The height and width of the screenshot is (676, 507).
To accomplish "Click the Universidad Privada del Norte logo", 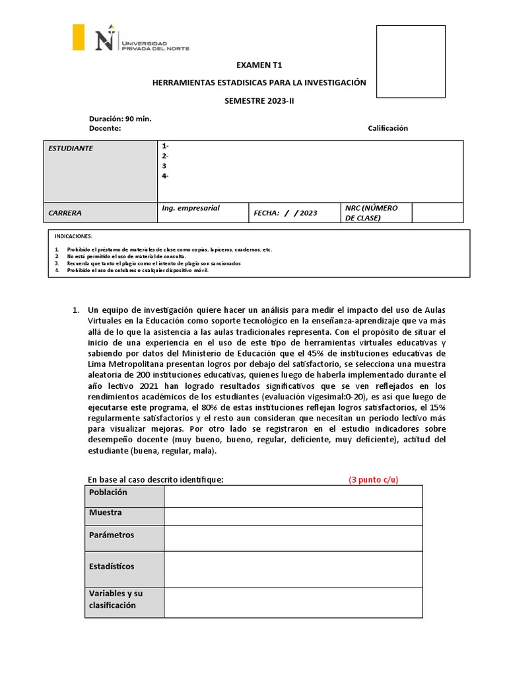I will (131, 38).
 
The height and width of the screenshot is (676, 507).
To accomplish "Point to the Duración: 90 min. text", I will (120, 119).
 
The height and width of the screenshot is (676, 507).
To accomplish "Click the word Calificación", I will (388, 128).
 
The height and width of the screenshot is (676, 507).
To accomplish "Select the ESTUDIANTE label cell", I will (100, 171).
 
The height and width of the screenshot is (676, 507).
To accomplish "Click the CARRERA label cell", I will (100, 213).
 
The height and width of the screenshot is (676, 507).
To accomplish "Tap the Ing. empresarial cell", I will (202, 212).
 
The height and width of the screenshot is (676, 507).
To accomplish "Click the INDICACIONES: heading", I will (73, 236).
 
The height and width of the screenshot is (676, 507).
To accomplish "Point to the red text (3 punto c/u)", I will (374, 479).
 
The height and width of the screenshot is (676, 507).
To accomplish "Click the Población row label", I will (124, 496).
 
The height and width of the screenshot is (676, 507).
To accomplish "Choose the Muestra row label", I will (124, 516).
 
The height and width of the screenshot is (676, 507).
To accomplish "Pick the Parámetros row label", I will (124, 537).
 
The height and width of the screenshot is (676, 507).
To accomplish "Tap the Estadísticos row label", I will (124, 569).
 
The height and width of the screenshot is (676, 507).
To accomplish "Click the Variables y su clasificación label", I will (124, 602).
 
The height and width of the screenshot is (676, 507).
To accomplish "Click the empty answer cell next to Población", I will (293, 496).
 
